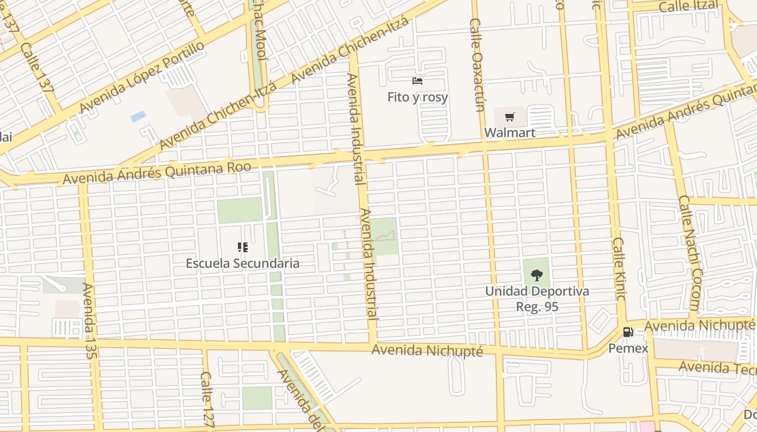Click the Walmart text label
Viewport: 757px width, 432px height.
509,132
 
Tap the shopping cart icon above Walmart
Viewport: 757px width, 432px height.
509,117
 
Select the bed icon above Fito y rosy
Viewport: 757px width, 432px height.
417,82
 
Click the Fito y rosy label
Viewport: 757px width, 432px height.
417,97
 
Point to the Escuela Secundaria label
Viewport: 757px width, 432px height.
242,264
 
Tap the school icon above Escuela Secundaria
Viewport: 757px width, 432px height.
243,247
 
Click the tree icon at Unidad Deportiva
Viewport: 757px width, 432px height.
536,275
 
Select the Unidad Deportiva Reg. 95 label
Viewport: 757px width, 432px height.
537,299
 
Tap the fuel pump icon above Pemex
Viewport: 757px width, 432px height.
628,332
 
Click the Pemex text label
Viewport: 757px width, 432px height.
628,348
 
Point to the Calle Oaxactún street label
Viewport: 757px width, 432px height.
477,65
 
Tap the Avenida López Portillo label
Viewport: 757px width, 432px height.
142,77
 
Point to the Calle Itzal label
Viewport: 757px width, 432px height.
688,6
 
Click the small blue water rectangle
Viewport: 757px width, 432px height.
138,117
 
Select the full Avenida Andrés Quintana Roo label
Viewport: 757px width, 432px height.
157,172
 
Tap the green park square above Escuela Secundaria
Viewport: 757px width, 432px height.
240,210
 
